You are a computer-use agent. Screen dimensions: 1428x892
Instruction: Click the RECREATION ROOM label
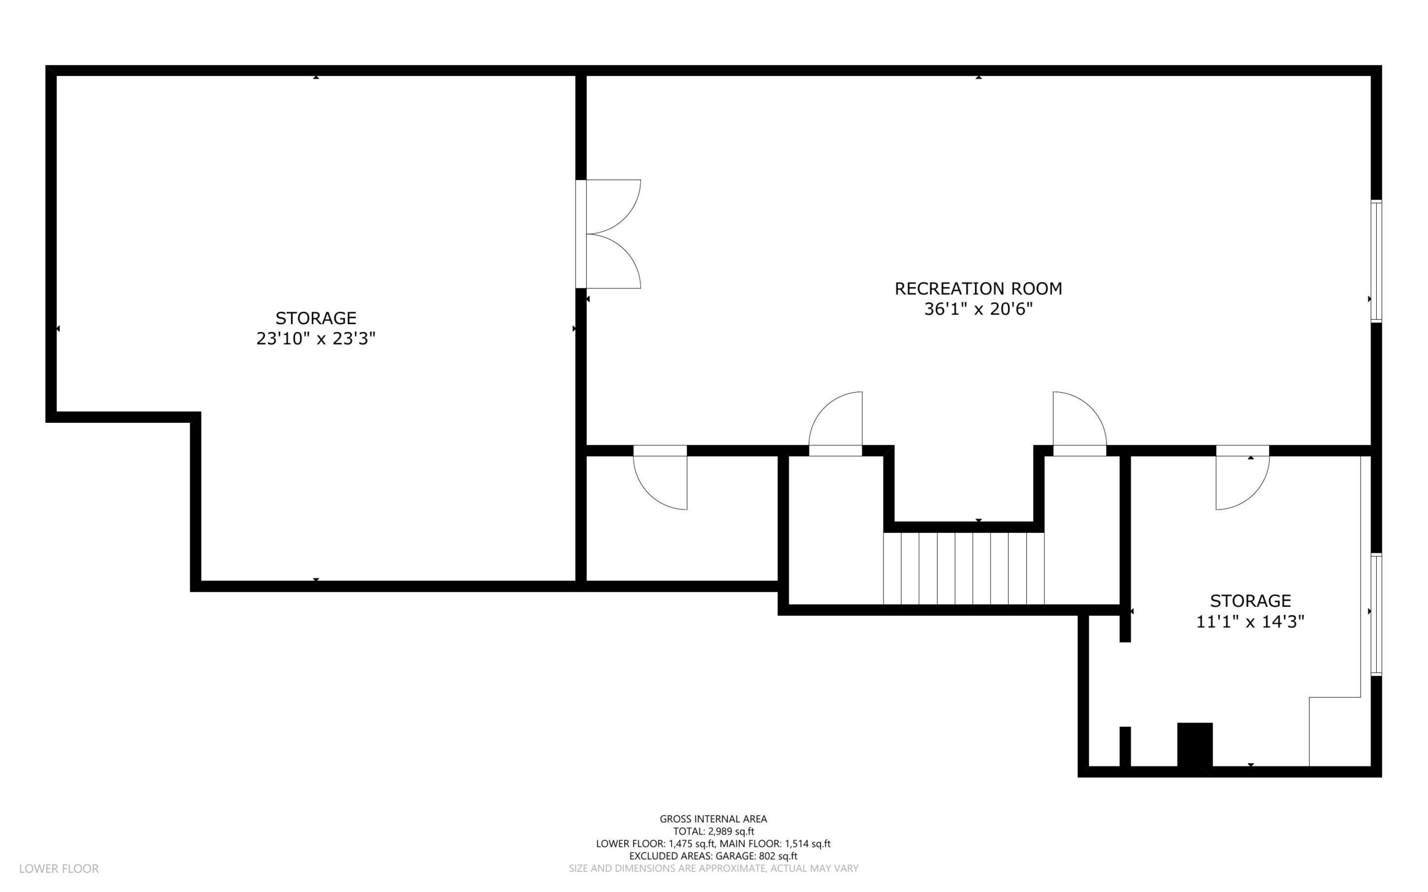978,288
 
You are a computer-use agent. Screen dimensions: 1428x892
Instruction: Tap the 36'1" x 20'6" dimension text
978,309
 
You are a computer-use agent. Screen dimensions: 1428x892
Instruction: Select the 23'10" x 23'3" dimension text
316,339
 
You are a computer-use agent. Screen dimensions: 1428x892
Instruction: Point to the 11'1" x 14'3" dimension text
1250,621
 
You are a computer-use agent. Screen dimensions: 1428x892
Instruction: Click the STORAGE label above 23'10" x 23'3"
316,318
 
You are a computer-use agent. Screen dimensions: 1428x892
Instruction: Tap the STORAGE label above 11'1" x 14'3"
1250,601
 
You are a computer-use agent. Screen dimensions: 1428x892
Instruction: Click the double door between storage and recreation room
608,234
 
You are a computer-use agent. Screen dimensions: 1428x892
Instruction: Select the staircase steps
963,568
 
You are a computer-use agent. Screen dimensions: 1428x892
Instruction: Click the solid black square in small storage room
1194,745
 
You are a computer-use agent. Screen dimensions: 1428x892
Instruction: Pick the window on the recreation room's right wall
1376,261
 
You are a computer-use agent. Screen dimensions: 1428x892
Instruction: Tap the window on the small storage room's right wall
1376,614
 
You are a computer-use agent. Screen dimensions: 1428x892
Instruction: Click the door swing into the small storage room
1242,478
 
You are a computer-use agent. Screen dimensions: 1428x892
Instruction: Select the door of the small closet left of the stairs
660,478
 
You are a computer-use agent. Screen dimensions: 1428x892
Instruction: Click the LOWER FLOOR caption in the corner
59,869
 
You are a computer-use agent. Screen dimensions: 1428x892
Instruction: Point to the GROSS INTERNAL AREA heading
713,819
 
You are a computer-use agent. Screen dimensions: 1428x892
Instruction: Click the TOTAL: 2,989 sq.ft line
713,831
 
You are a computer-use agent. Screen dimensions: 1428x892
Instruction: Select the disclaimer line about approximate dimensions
713,869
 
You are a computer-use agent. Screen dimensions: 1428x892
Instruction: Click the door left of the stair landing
835,423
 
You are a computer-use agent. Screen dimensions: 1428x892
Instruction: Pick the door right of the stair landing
1079,423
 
